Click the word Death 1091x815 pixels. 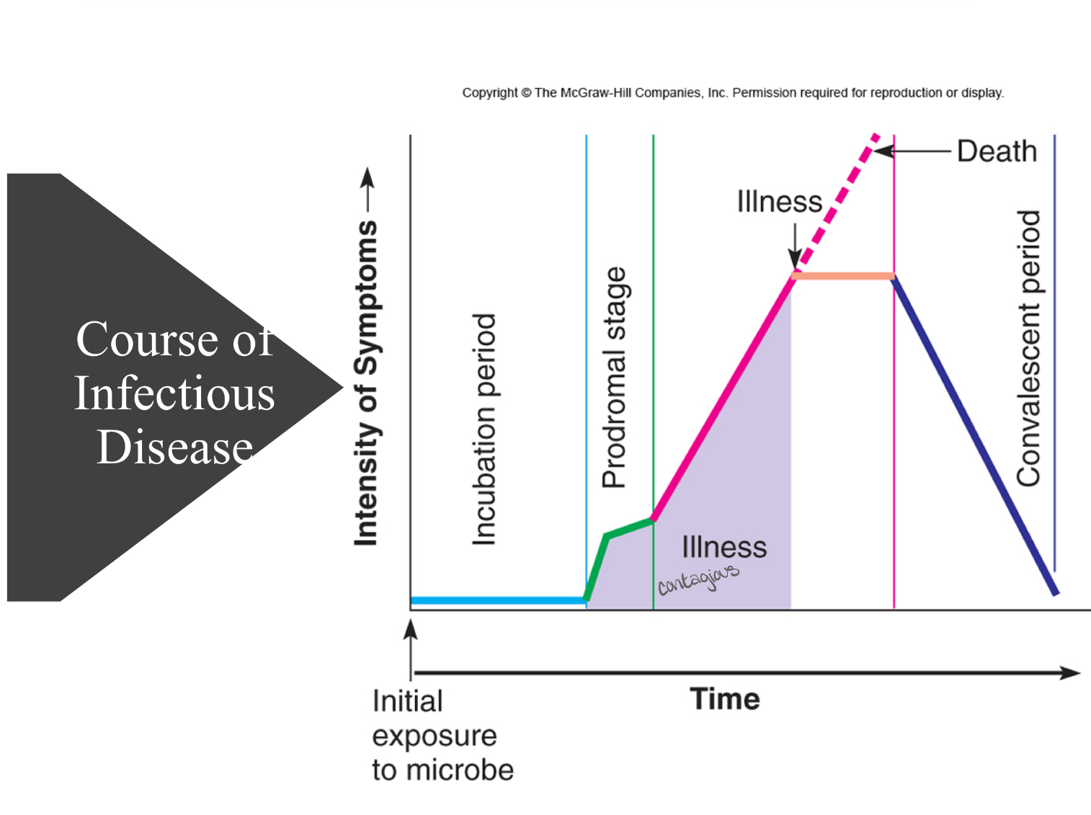(997, 152)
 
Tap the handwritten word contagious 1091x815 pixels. (698, 579)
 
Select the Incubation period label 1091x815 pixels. (484, 429)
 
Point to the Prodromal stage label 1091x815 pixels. (615, 378)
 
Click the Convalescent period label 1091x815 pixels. (1029, 348)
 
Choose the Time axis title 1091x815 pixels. (724, 699)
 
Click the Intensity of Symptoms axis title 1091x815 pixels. (366, 382)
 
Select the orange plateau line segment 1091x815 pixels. (842, 276)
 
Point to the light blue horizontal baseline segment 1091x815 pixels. (497, 600)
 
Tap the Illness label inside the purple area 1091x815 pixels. (724, 548)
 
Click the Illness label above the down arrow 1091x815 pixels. (779, 202)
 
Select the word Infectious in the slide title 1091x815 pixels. (175, 393)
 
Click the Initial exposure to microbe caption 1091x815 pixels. (442, 735)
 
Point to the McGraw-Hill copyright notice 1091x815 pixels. (733, 93)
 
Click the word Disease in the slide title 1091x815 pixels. (175, 447)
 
